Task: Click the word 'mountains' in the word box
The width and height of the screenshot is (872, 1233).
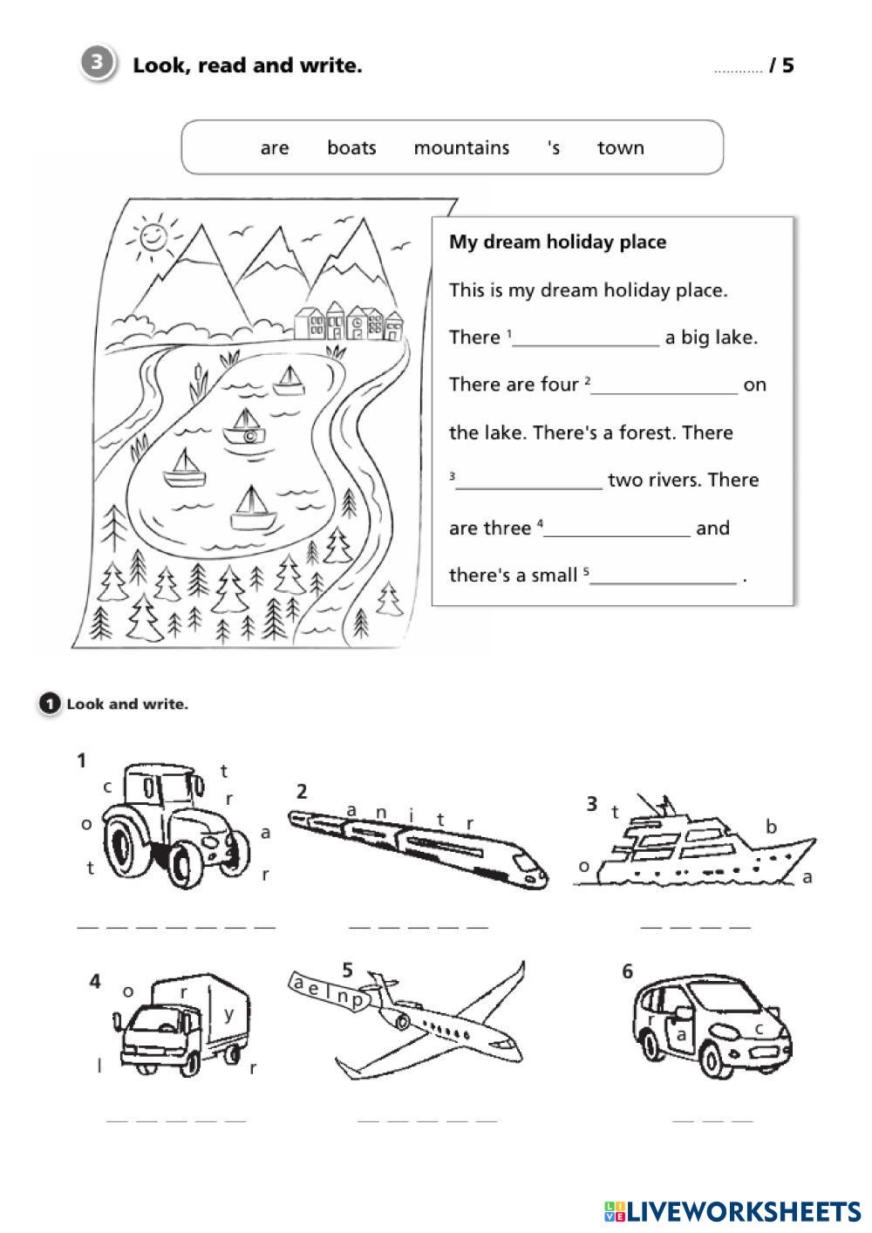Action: [x=461, y=148]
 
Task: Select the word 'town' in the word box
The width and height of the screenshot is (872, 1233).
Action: [x=620, y=148]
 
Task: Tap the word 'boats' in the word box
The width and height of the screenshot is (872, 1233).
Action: [x=351, y=148]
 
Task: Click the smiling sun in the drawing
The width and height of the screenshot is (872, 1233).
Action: [x=151, y=237]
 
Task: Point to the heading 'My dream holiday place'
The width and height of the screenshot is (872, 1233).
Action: [x=557, y=242]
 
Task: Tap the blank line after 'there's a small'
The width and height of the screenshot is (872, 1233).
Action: [x=663, y=577]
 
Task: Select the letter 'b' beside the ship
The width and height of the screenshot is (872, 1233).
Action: [x=771, y=826]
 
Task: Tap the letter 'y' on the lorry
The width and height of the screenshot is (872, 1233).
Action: [x=229, y=1013]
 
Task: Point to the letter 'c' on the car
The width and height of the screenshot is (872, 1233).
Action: [x=760, y=1028]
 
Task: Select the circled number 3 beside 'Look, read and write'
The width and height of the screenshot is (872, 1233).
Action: [x=99, y=64]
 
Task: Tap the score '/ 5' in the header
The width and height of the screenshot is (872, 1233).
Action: [x=781, y=66]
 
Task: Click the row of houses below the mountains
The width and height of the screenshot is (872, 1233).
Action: [x=349, y=322]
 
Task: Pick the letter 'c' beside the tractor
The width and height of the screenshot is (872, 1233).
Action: [x=108, y=787]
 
